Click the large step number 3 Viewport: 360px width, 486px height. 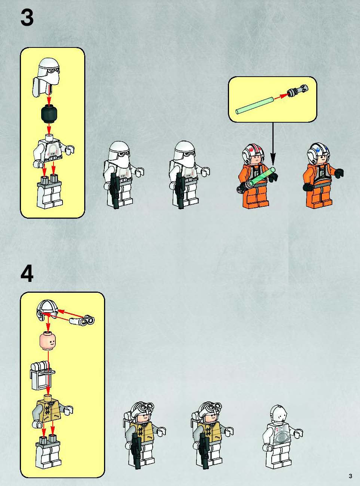[x=27, y=18]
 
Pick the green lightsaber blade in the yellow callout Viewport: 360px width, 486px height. [x=254, y=106]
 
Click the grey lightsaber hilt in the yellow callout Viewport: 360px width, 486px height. [x=298, y=91]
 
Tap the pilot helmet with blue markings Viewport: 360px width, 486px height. [x=318, y=152]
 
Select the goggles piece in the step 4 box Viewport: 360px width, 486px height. [x=82, y=320]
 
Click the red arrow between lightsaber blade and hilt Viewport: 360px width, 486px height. [x=281, y=96]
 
